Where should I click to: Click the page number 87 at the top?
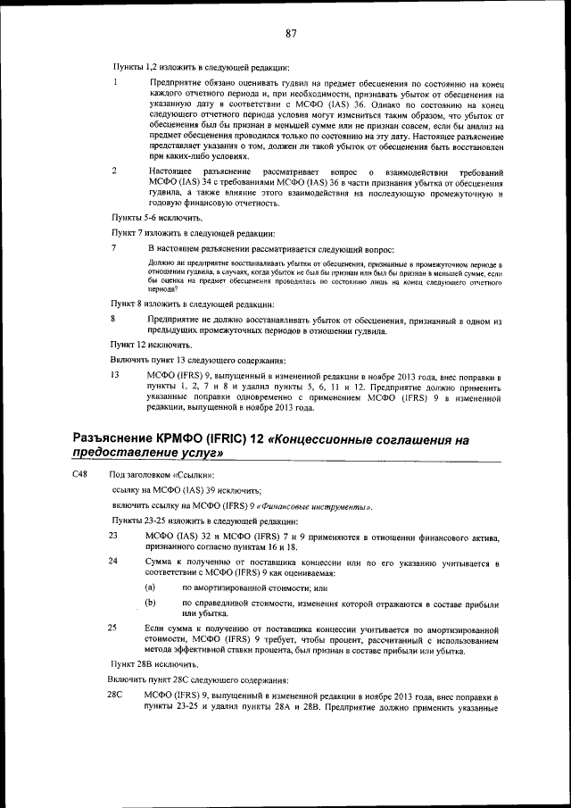[291, 34]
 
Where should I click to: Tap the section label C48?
[79, 475]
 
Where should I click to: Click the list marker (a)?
[150, 587]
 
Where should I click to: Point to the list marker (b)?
[150, 604]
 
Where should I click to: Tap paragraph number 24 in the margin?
[113, 561]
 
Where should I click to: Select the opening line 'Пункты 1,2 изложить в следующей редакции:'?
[200, 68]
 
